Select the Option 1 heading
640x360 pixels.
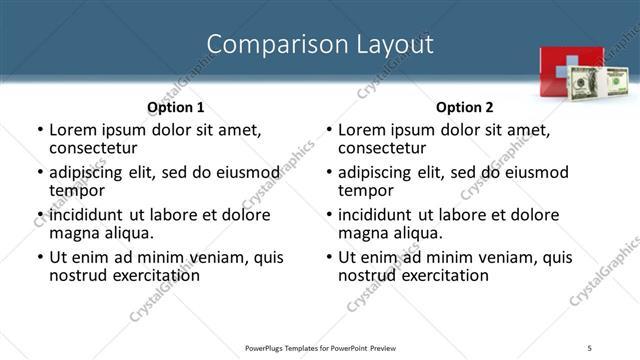(x=175, y=106)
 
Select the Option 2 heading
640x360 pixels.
(x=464, y=106)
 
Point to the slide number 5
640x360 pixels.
(x=590, y=347)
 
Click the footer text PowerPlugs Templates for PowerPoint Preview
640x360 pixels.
(x=320, y=347)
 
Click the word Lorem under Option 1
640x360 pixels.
(x=74, y=130)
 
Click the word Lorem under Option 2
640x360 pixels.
(x=363, y=130)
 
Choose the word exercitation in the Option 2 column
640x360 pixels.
(x=441, y=275)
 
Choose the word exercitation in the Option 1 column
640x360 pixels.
(x=152, y=275)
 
